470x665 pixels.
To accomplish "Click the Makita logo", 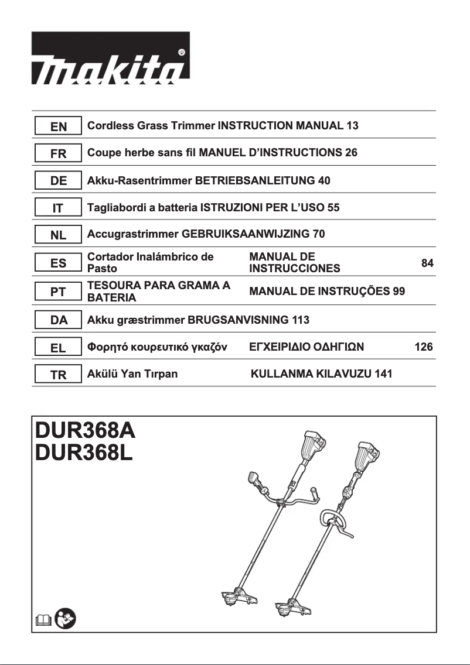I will coord(111,56).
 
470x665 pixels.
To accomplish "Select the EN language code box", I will coord(59,126).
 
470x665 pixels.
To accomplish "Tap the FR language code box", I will coord(59,153).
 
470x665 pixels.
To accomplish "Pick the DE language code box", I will coord(59,181).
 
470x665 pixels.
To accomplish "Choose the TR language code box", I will coord(59,375).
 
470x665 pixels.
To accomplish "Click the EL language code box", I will coord(59,348).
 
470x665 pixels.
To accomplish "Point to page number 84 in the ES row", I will coord(427,263).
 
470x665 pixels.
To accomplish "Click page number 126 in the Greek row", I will coord(424,347).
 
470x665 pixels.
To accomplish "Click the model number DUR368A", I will coord(86,431).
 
